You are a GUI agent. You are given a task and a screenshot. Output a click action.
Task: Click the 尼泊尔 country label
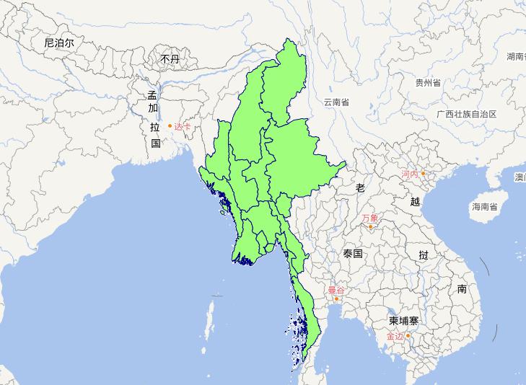click(x=59, y=43)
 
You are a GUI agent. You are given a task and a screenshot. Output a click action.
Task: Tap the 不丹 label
click(x=170, y=59)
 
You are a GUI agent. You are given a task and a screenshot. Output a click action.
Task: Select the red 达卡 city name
click(x=183, y=127)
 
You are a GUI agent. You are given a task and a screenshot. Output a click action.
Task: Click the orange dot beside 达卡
click(x=170, y=126)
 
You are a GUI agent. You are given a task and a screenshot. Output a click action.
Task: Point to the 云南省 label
click(x=336, y=102)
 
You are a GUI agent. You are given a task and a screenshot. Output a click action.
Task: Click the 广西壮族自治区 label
click(x=466, y=114)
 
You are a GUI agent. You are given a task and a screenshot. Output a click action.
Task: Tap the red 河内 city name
click(x=410, y=174)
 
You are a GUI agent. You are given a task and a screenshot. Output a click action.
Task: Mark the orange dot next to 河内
click(x=424, y=173)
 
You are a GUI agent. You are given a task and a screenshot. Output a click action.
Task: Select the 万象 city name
click(x=370, y=218)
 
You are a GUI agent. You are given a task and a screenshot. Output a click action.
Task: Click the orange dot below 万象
click(x=371, y=227)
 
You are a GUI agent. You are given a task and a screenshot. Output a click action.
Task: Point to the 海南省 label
click(x=485, y=207)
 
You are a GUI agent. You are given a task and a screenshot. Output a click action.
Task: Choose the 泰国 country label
click(x=353, y=254)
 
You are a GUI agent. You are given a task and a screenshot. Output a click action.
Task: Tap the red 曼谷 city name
click(x=336, y=290)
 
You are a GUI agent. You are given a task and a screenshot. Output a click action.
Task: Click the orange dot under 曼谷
click(x=336, y=298)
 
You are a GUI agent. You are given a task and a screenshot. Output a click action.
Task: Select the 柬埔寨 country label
click(x=403, y=320)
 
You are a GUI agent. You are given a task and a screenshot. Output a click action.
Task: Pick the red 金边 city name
click(x=395, y=336)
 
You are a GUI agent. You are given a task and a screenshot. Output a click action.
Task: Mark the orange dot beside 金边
click(x=408, y=335)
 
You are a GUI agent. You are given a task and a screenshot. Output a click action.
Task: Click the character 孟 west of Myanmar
click(x=152, y=95)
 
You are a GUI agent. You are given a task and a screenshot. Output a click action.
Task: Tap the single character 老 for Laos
click(x=361, y=187)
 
